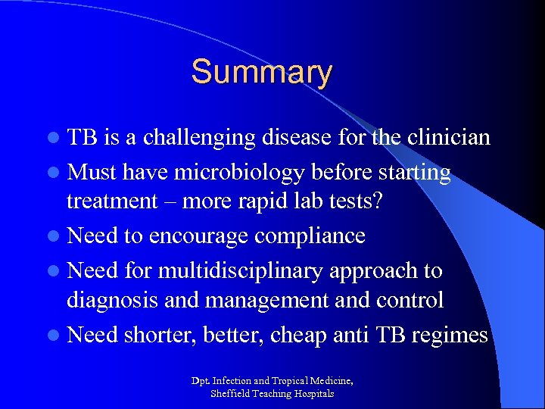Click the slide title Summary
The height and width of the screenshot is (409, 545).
(261, 73)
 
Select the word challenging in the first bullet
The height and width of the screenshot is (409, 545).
(201, 137)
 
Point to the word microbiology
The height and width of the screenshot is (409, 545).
(235, 173)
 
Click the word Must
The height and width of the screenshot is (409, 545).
(93, 173)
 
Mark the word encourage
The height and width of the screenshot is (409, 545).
(198, 236)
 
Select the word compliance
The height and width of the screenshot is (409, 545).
(310, 236)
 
